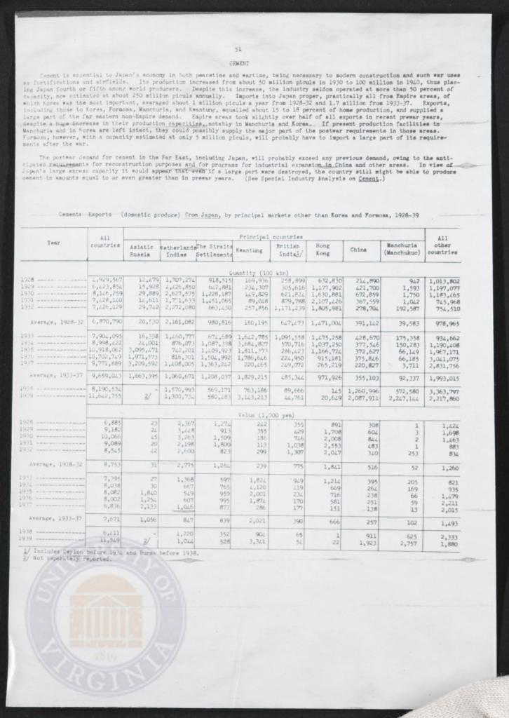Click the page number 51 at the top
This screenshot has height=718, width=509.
click(238, 48)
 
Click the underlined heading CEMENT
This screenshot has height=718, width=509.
click(239, 62)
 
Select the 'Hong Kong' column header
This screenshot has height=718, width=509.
click(323, 249)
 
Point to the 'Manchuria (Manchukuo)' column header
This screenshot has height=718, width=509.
click(402, 249)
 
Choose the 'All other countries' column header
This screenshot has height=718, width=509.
click(442, 245)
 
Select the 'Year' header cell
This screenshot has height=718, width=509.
click(53, 243)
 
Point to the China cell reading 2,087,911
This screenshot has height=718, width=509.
click(362, 397)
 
